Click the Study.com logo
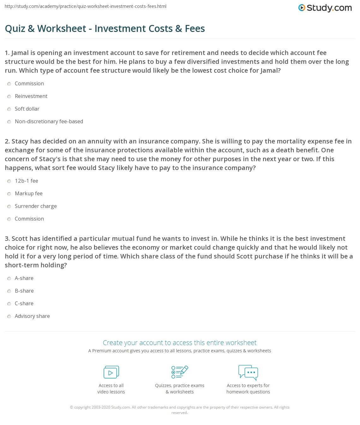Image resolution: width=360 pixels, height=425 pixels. pos(325,8)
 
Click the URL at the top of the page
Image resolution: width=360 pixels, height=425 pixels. pos(86,6)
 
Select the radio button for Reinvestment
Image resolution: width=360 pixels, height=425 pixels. pos(9,96)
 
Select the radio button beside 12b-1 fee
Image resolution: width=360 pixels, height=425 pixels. pos(9,181)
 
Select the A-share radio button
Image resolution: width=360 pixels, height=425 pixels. pos(9,278)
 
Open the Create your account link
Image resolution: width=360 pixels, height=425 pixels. pos(180,343)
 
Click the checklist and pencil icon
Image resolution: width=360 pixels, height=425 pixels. pos(180,372)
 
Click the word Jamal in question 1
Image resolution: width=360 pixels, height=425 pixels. pos(20,53)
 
